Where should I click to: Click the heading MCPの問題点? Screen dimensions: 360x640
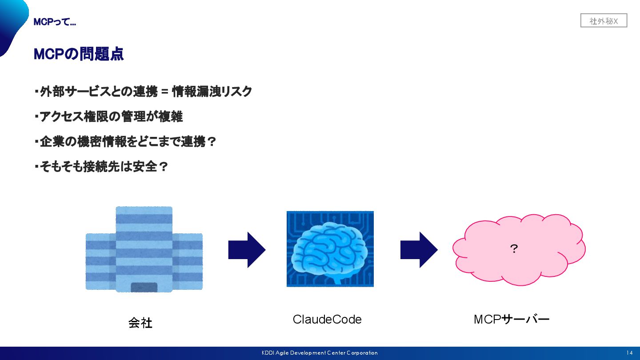click(x=79, y=54)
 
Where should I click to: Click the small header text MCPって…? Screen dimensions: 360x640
click(x=55, y=22)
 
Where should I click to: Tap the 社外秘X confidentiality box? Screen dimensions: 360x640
click(x=604, y=21)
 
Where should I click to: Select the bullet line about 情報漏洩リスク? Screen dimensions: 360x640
click(x=143, y=92)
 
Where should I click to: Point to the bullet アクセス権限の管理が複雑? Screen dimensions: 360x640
click(x=109, y=117)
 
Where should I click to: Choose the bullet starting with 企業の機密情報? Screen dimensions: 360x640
click(x=125, y=142)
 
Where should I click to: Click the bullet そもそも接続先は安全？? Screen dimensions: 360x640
click(x=101, y=167)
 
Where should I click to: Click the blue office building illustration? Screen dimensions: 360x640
click(x=144, y=249)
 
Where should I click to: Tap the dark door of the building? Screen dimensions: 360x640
click(x=144, y=287)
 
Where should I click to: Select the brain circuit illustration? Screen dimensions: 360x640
click(x=330, y=249)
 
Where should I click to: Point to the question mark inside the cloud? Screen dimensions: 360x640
click(x=514, y=249)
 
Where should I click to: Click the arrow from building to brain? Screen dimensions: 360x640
click(x=247, y=250)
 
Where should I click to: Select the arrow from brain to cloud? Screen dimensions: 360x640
click(x=419, y=250)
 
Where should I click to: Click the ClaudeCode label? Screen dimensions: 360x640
click(x=327, y=320)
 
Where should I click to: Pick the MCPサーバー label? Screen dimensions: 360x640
click(x=512, y=320)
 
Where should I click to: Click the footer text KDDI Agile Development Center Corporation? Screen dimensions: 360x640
click(x=320, y=353)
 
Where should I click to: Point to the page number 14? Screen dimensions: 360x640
click(x=629, y=353)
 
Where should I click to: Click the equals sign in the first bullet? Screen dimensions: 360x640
click(x=164, y=92)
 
